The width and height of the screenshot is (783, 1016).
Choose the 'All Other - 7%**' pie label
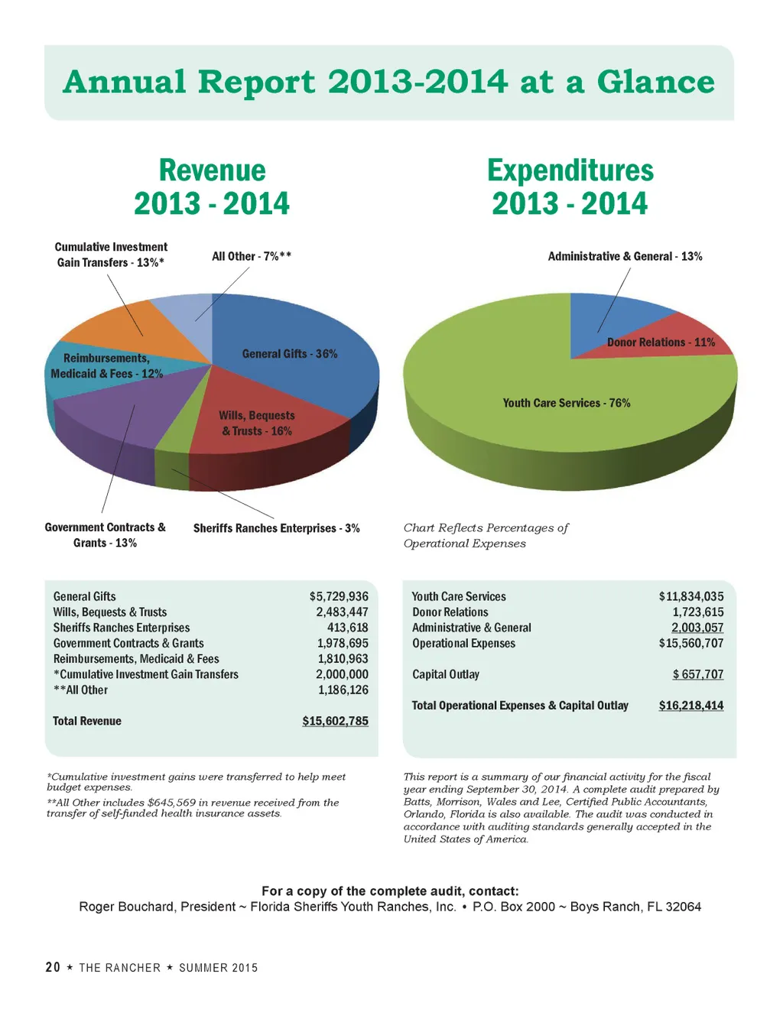pos(252,257)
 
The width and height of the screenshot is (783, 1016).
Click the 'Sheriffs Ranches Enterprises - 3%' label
pos(276,528)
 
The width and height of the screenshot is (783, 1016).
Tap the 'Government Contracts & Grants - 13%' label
pos(105,535)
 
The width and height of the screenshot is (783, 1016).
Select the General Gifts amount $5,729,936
pos(339,596)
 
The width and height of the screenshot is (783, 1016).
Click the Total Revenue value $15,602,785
pos(335,721)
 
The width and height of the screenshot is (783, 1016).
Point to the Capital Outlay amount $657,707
pos(697,674)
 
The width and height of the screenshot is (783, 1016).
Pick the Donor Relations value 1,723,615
pos(697,612)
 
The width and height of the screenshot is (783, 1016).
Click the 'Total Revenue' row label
pos(87,721)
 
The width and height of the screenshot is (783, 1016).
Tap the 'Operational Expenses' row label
pos(463,644)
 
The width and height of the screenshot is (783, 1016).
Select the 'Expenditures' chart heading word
pos(570,170)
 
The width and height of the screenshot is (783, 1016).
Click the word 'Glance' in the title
pos(655,82)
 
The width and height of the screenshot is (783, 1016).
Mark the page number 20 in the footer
pos(53,968)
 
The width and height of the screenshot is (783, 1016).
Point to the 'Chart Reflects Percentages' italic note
pos(486,528)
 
